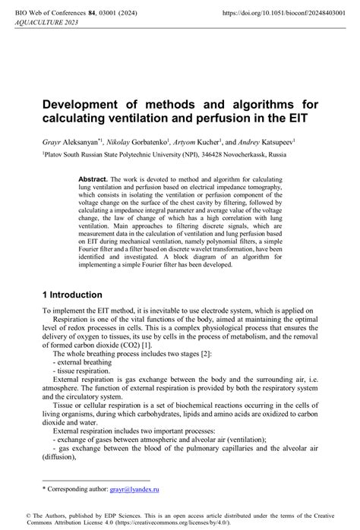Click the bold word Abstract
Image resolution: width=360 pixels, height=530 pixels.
94,178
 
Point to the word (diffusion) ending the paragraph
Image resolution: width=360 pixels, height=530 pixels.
62,458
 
